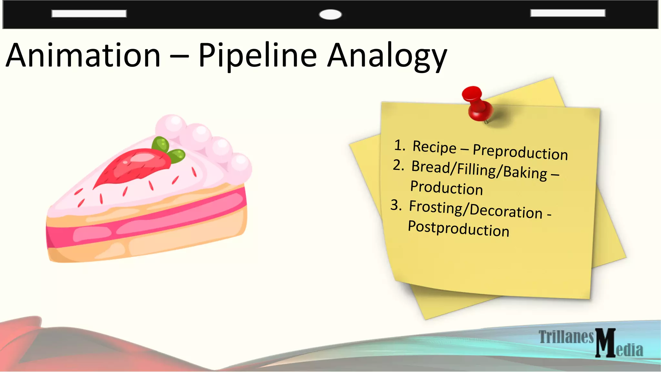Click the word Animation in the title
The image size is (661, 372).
(83, 56)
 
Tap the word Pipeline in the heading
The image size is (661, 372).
(258, 56)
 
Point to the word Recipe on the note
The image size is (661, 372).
(434, 147)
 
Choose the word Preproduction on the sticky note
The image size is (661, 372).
(520, 152)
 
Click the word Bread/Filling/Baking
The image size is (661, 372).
(479, 170)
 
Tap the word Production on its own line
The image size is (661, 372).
(446, 188)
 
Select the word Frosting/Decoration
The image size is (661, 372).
(476, 209)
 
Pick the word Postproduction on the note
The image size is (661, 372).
(458, 229)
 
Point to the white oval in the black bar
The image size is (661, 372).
(330, 15)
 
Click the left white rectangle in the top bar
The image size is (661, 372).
(89, 14)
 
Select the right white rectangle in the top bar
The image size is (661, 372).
(568, 13)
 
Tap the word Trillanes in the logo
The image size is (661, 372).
(566, 337)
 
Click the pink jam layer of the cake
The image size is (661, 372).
(145, 223)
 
